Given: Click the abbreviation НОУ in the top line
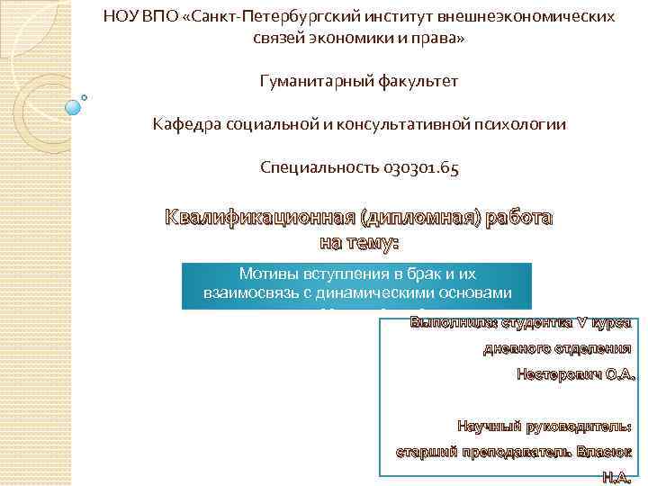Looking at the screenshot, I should pyautogui.click(x=123, y=16).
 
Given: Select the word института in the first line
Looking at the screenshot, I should pyautogui.click(x=395, y=16).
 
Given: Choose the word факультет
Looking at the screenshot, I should pyautogui.click(x=418, y=82).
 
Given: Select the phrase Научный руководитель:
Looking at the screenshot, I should pyautogui.click(x=544, y=425).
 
